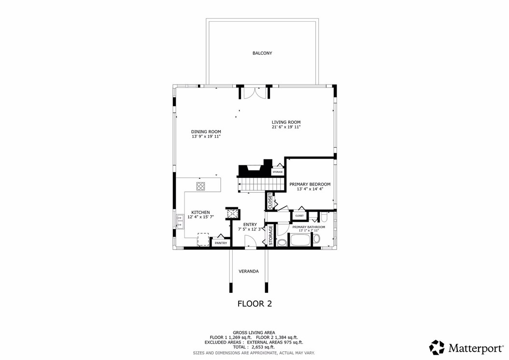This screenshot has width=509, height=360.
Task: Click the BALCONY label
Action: [x=262, y=53]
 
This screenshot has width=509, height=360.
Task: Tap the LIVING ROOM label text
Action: [x=286, y=122]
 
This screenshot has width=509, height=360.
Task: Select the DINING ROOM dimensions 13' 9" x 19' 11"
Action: [x=206, y=137]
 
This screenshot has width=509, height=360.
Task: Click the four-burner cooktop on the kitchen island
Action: [x=201, y=185]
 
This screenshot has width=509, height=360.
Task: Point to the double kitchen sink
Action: [x=180, y=222]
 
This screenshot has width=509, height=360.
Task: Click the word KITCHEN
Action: [x=200, y=213]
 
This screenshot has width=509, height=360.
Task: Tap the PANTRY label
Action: [x=221, y=243]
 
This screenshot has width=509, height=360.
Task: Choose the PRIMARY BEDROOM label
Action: [x=310, y=184]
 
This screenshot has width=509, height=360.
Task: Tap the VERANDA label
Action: [x=249, y=272]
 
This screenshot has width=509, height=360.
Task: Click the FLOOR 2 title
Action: [x=254, y=304]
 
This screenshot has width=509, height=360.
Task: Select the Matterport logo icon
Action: [x=437, y=347]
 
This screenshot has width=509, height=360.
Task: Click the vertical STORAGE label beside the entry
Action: [x=271, y=235]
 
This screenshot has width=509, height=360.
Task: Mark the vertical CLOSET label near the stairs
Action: [x=270, y=201]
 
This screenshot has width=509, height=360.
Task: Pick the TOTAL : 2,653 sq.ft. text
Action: [x=254, y=347]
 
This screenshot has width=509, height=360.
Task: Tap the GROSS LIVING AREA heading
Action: [x=254, y=332]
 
